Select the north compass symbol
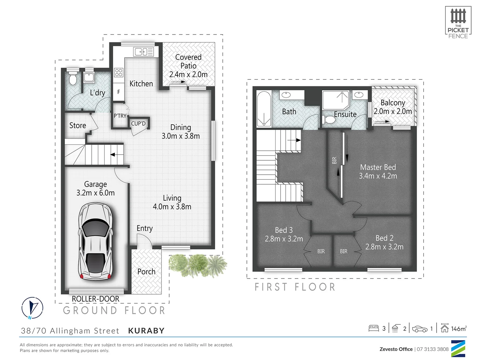click(32, 308)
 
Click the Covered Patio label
click(188, 62)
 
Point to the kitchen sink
click(143, 52)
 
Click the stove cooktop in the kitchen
click(119, 72)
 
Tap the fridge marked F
click(119, 92)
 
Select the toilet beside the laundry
click(73, 79)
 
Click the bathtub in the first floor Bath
click(264, 109)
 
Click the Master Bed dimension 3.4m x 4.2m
click(378, 176)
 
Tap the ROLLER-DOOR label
click(96, 299)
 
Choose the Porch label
click(146, 272)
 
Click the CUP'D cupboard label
click(138, 124)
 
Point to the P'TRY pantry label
click(120, 116)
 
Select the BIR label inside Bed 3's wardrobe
click(321, 251)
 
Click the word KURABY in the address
click(146, 331)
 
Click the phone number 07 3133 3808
click(433, 349)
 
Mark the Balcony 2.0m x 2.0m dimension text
click(393, 111)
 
